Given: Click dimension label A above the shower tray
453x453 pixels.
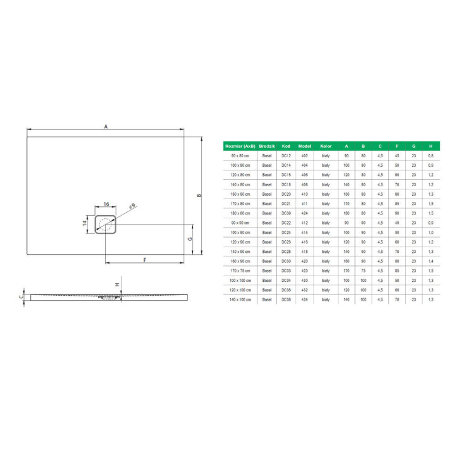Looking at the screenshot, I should click(x=106, y=127).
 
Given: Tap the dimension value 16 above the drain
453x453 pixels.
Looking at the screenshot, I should click(x=106, y=205).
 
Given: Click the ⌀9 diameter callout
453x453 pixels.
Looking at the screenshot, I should click(x=131, y=206).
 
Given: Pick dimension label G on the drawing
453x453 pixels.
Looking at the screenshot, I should click(x=189, y=240).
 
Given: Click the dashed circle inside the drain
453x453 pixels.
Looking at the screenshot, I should click(x=106, y=223).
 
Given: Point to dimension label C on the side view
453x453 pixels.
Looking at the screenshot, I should click(x=20, y=296).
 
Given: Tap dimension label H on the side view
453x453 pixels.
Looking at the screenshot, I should click(x=118, y=284).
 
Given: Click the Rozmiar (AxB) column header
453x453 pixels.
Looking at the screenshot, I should click(x=240, y=145).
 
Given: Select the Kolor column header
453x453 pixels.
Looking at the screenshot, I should click(x=325, y=145).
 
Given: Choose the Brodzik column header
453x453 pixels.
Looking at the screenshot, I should click(x=267, y=145).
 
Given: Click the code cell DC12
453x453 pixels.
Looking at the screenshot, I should click(x=286, y=155).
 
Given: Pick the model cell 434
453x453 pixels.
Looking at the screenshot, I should click(x=305, y=300).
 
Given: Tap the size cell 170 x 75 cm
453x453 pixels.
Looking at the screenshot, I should click(x=240, y=271).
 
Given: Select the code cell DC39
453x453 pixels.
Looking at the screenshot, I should click(x=286, y=213).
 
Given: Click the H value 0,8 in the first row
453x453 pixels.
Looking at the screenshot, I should click(x=430, y=155).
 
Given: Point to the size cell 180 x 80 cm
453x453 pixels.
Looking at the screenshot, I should click(x=240, y=213).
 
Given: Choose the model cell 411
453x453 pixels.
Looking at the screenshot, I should click(x=305, y=204).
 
